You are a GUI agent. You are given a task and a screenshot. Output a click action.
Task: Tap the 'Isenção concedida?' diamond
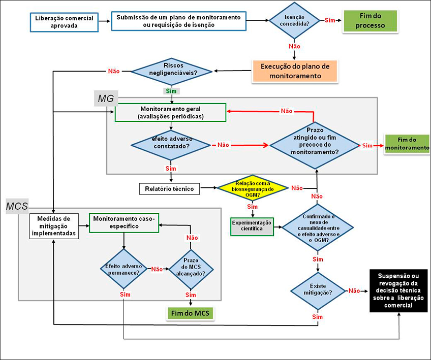tap(294, 21)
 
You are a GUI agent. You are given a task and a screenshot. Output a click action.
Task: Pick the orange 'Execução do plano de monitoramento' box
tap(295, 71)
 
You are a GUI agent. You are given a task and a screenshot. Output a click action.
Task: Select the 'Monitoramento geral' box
tap(170, 113)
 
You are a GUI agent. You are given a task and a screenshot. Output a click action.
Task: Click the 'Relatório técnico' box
tap(170, 188)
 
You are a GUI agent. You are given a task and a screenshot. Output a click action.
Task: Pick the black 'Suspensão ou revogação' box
tap(398, 290)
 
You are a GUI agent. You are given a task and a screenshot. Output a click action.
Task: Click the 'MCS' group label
tap(17, 206)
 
